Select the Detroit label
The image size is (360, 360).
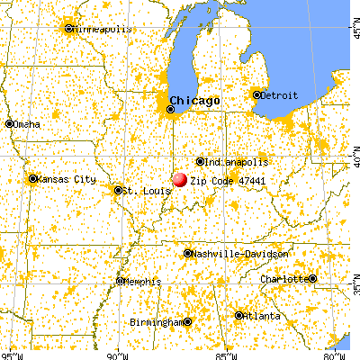click(279, 94)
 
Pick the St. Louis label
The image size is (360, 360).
click(142, 190)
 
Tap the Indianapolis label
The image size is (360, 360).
click(236, 162)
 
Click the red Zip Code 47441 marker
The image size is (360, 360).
click(180, 181)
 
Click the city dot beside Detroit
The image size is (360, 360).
click(256, 94)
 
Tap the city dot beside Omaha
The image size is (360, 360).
click(9, 124)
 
